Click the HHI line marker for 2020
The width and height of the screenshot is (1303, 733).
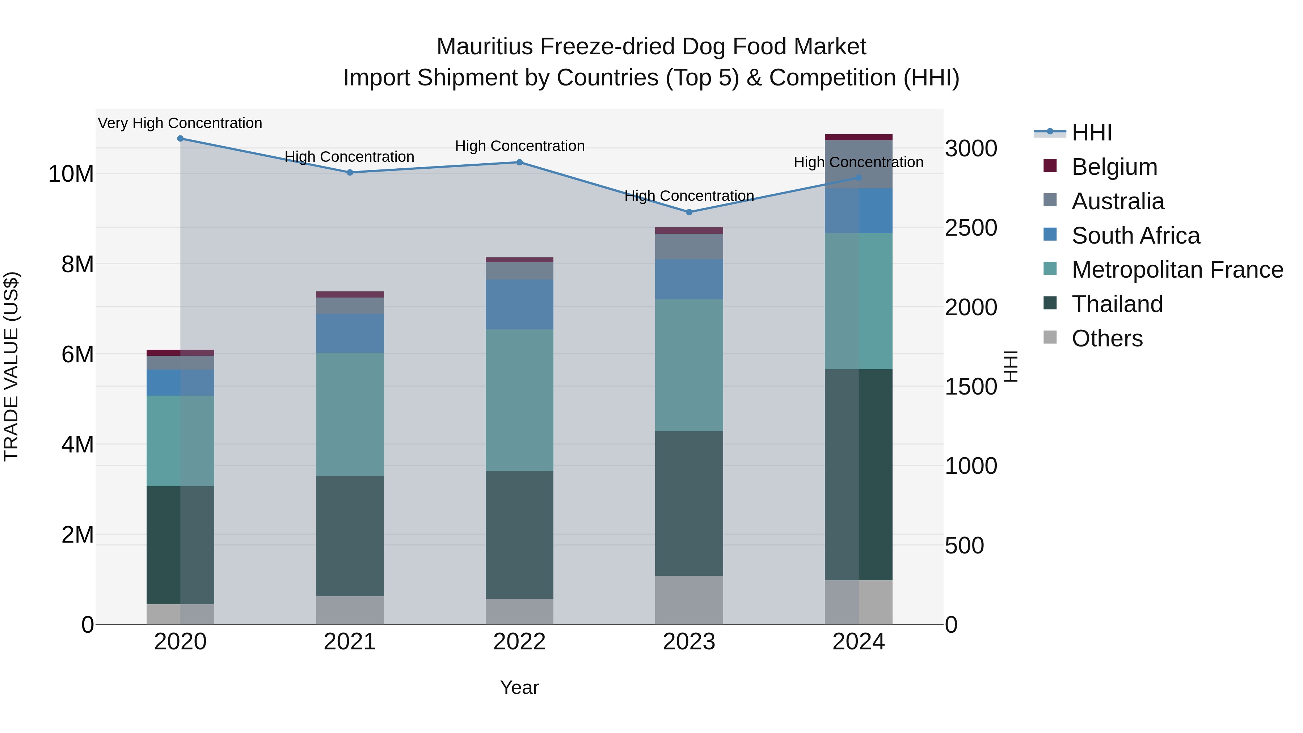[180, 139]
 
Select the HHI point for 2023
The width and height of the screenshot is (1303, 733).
[689, 212]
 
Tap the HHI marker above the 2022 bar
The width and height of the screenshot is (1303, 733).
[519, 163]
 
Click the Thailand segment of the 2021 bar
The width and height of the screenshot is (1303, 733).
[350, 536]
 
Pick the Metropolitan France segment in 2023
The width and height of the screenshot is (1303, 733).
[689, 365]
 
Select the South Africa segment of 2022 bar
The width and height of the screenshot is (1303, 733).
[519, 304]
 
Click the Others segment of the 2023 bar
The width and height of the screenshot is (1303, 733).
[689, 600]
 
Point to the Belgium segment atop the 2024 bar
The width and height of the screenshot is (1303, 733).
[859, 137]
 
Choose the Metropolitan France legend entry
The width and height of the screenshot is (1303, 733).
[1177, 270]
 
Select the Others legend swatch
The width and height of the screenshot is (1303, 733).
[1050, 337]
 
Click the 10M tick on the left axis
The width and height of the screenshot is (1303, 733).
[71, 174]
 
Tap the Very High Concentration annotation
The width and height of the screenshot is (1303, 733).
[180, 123]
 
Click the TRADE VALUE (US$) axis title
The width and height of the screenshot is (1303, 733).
[11, 366]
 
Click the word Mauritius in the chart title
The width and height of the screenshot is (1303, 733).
[485, 47]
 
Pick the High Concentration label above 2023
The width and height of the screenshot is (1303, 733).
[689, 196]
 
